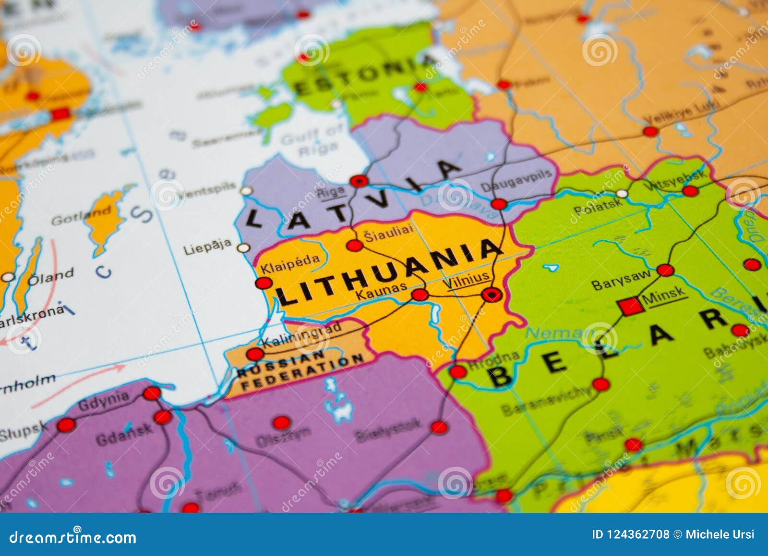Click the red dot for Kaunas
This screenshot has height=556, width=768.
click(x=420, y=295)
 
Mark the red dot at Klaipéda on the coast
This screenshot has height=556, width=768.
click(x=264, y=283)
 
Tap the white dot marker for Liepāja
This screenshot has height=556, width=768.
click(x=244, y=248)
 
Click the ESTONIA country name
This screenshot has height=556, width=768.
click(x=365, y=77)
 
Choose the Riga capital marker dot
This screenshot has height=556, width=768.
click(x=359, y=181)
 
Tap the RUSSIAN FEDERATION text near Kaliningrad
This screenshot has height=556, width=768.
click(x=300, y=370)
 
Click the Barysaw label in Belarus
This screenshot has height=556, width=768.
click(x=621, y=280)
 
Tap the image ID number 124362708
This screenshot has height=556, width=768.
click(x=630, y=534)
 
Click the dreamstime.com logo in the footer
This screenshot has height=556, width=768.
click(x=73, y=537)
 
